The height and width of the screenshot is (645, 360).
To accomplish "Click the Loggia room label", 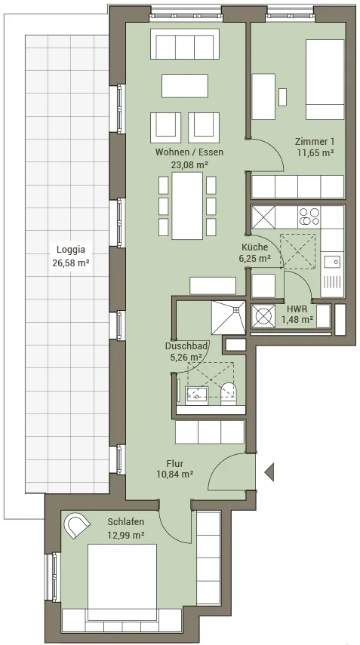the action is [x=71, y=249].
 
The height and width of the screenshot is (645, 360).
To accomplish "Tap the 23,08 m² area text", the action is [x=189, y=165].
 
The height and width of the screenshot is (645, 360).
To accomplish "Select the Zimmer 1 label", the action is [x=315, y=142].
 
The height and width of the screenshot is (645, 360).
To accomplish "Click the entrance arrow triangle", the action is [x=269, y=471].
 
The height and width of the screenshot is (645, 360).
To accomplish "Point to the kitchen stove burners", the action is [x=309, y=217].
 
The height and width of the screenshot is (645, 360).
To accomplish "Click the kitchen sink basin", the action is [x=331, y=262].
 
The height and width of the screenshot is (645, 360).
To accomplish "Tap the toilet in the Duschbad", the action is [x=229, y=394].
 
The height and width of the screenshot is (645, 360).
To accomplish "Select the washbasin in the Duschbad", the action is [x=197, y=394].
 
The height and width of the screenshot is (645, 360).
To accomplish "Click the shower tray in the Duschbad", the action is [x=229, y=317].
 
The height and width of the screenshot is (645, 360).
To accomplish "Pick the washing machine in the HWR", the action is [x=263, y=316].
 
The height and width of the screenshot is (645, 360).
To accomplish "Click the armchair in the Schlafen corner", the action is [x=77, y=524].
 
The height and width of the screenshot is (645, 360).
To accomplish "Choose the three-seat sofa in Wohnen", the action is [x=182, y=44].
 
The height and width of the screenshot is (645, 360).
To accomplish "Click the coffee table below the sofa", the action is [x=185, y=85].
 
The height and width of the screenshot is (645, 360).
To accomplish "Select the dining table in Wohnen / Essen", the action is [x=187, y=206].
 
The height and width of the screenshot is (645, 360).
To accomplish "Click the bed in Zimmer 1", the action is [x=325, y=79].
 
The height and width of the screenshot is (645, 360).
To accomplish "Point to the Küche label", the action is [x=254, y=247].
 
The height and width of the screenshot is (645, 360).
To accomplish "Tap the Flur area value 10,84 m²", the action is [x=175, y=474].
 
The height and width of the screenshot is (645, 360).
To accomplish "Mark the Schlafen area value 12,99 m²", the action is [x=126, y=535].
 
